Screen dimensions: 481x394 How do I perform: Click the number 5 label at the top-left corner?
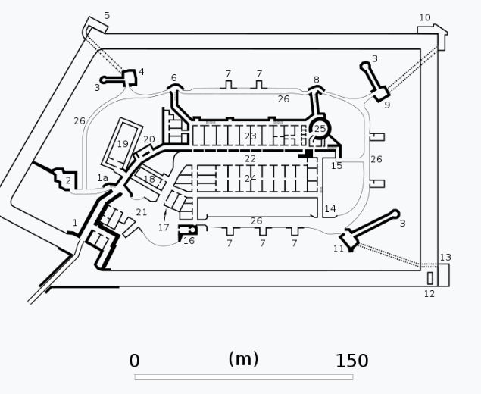pyautogui.click(x=107, y=16)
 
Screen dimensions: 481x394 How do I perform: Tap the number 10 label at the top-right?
pyautogui.click(x=425, y=17)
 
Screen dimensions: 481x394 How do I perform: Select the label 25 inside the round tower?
pyautogui.click(x=320, y=129)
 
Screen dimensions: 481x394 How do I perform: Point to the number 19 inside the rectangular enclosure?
pyautogui.click(x=123, y=144)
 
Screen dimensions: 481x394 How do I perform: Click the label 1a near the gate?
pyautogui.click(x=102, y=177)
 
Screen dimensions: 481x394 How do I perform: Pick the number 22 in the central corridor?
pyautogui.click(x=250, y=158)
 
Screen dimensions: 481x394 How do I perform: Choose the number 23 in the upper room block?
pyautogui.click(x=250, y=136)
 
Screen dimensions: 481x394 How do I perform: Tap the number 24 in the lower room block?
pyautogui.click(x=250, y=178)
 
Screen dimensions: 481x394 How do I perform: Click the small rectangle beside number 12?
pyautogui.click(x=430, y=278)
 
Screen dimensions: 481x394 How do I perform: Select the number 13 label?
pyautogui.click(x=445, y=258)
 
